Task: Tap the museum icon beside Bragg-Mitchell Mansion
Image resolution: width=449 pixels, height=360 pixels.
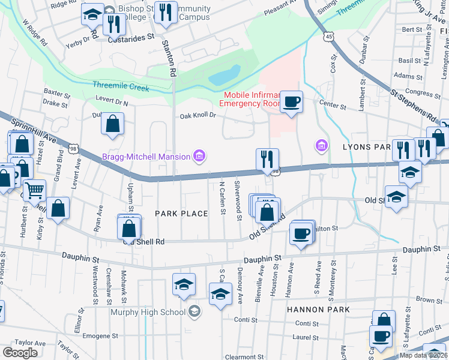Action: coord(200,157)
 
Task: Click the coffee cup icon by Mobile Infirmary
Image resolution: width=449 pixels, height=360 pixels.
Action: coord(291,101)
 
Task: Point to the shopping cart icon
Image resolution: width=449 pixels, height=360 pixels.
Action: coord(34,190)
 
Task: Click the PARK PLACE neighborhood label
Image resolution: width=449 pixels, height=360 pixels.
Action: coord(181,214)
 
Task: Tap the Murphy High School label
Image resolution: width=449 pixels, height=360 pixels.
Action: coord(147,311)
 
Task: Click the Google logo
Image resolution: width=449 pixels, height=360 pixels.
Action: coord(20,352)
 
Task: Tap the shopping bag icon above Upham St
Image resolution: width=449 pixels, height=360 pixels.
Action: coord(112,124)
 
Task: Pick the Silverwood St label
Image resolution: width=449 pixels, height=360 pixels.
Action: coord(238,199)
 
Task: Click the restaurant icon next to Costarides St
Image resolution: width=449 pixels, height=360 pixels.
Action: coord(113,24)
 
